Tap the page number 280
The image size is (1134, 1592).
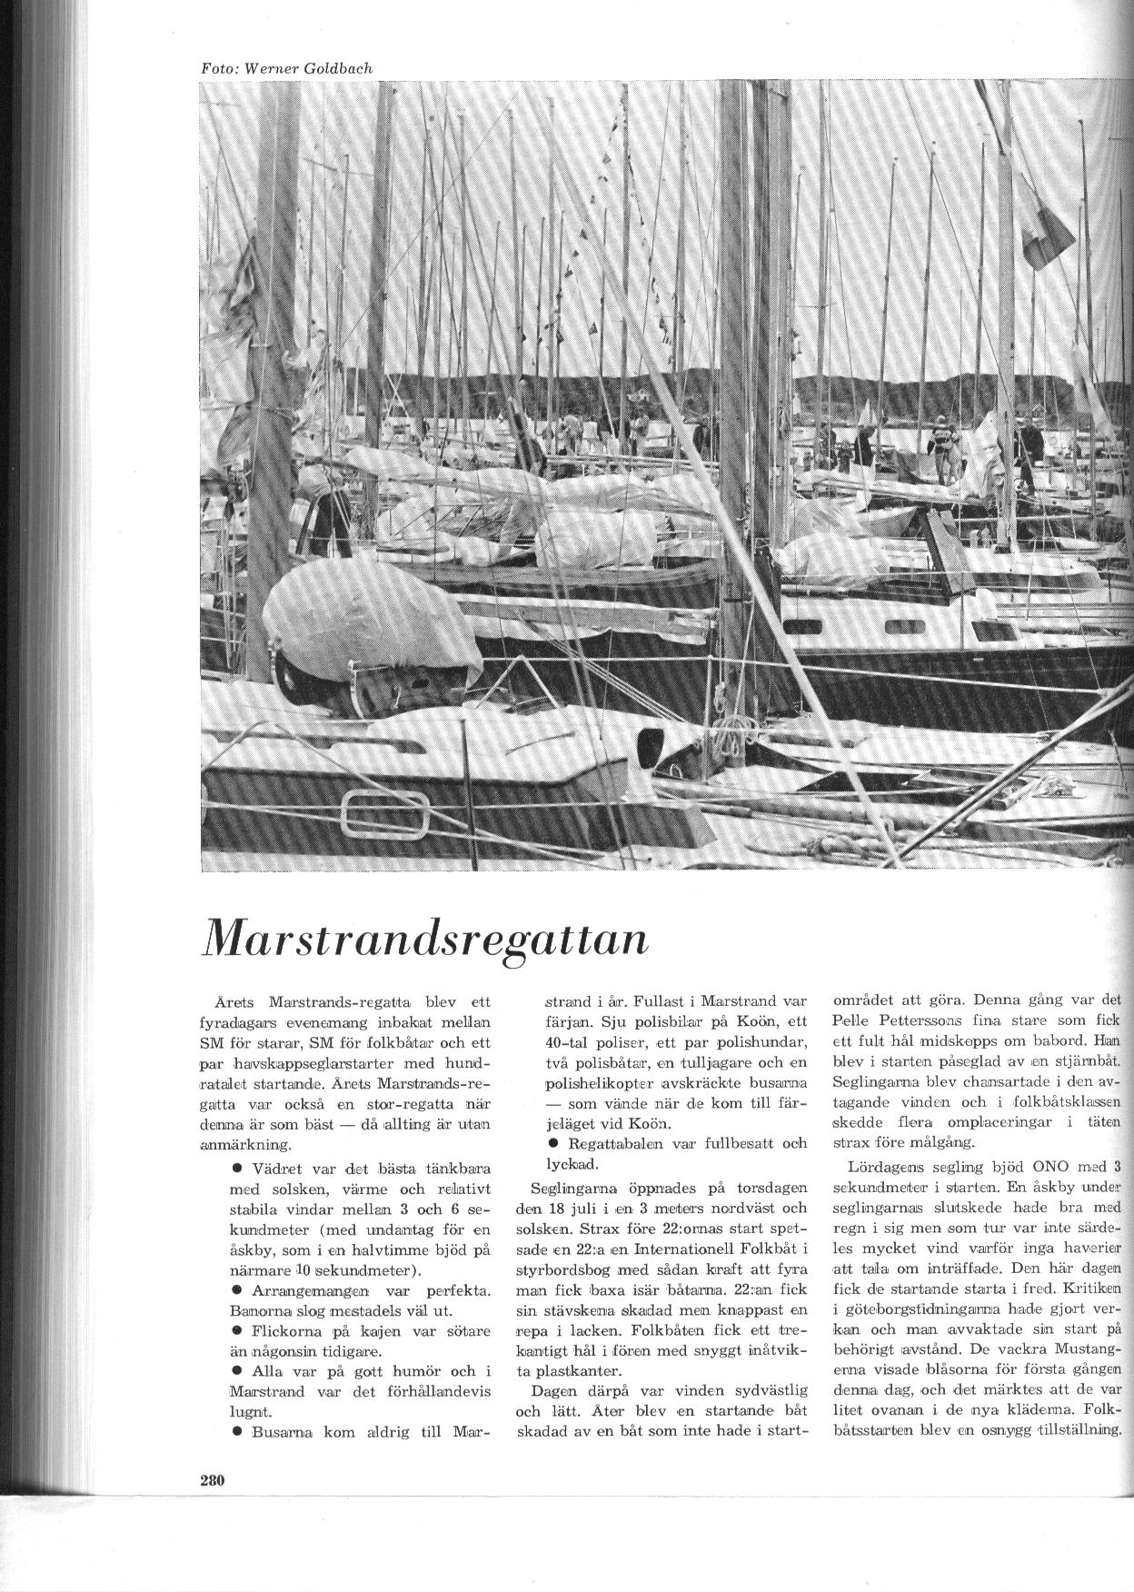point(212,1479)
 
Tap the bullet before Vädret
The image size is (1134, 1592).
point(237,1166)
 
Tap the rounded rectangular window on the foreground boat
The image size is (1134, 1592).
point(384,812)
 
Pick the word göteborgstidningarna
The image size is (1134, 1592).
point(919,1309)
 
